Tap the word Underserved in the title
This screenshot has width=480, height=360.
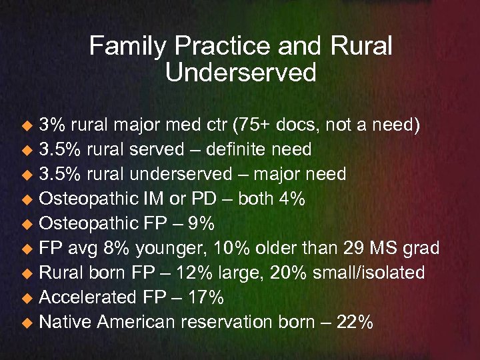point(240,73)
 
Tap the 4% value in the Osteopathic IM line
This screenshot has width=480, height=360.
point(291,199)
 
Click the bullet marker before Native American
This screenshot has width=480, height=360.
point(27,323)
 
